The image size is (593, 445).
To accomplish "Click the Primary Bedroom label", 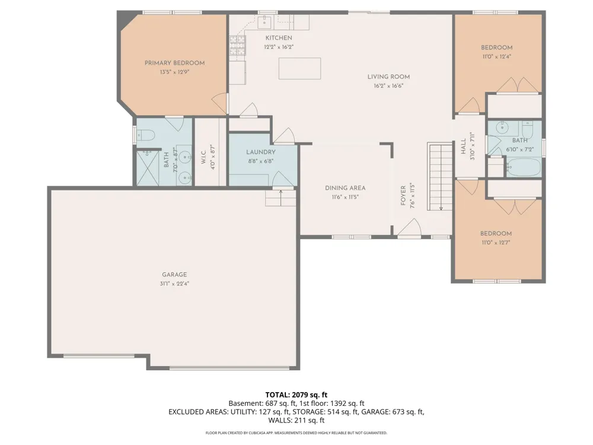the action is point(174,63).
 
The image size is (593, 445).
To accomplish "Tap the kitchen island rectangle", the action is point(299,68).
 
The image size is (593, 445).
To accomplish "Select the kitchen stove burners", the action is point(238,46).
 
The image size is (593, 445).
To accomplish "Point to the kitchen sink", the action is point(264,22).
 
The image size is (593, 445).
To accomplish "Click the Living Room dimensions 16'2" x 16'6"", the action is point(388,86).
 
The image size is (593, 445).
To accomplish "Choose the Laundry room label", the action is point(260,152).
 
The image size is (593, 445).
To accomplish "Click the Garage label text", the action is point(174,275).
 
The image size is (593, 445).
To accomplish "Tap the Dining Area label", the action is point(345,188).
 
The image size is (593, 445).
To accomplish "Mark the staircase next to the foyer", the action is point(440,176).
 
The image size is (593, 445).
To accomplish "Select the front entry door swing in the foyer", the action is point(410,228).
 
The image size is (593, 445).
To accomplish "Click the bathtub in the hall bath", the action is point(524,167).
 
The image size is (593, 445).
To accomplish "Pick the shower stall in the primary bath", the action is point(148,168).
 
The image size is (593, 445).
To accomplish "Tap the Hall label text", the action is point(463,146).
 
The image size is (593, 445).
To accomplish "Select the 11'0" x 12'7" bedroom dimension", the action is point(496,243).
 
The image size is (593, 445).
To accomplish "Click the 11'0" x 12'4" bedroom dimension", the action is point(496,57).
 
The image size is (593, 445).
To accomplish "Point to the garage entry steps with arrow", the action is point(280,198).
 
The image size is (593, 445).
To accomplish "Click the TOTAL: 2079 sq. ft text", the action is point(296,395).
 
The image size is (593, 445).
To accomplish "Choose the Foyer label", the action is point(403,195).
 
